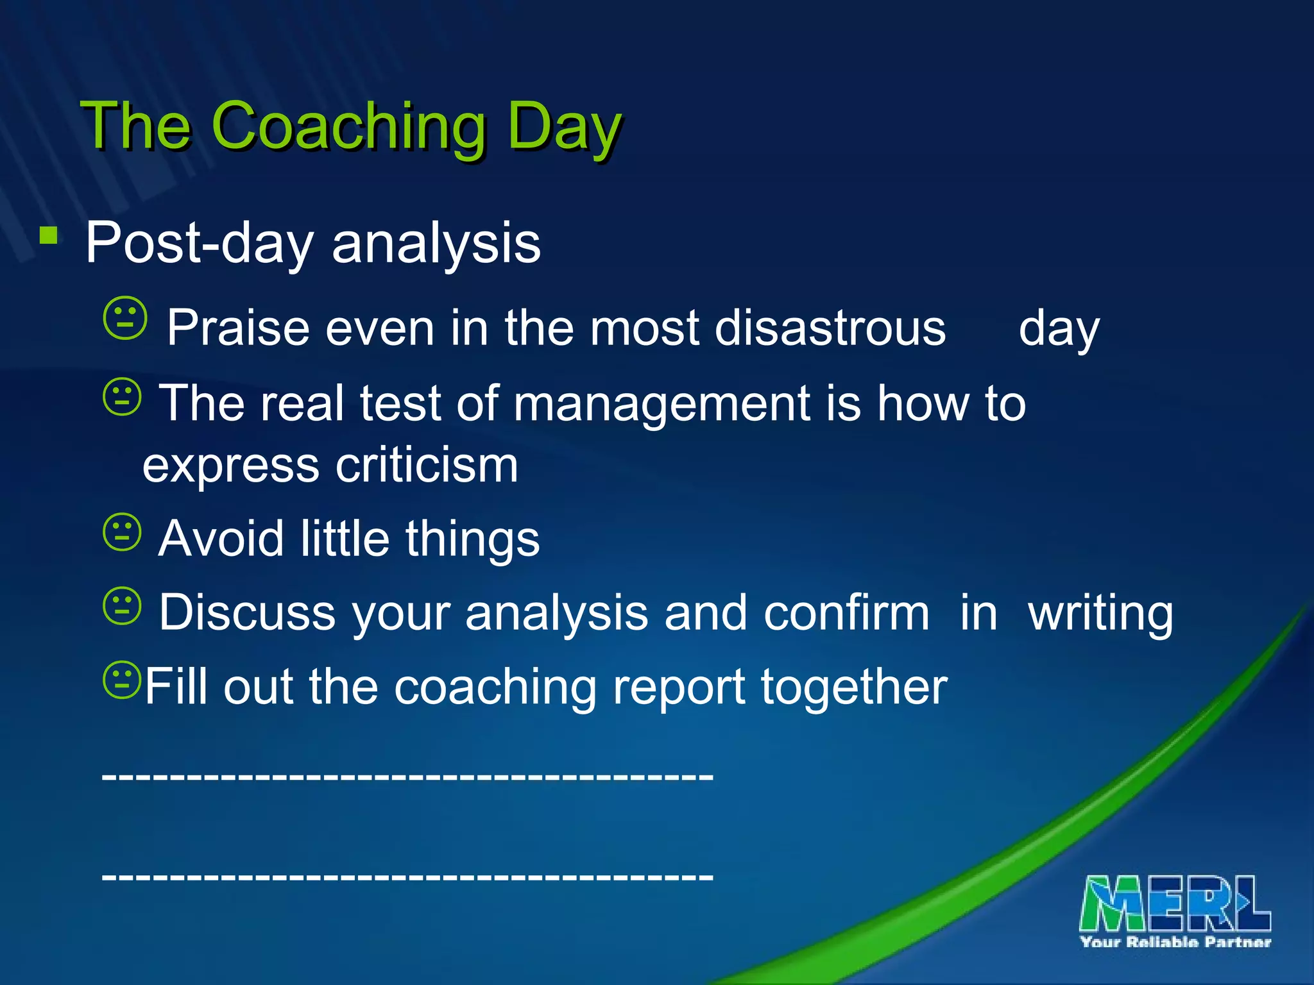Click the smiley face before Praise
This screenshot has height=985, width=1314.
click(125, 317)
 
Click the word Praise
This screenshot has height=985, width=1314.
click(238, 328)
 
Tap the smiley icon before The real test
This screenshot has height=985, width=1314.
click(122, 397)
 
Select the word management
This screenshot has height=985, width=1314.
click(661, 404)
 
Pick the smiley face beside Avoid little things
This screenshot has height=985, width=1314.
click(122, 532)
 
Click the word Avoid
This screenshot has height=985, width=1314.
click(221, 538)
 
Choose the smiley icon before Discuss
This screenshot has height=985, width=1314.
click(122, 605)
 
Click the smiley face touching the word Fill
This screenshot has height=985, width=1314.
click(121, 680)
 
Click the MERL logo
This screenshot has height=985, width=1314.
click(1174, 904)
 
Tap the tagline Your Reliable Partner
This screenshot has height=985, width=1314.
click(1175, 942)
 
